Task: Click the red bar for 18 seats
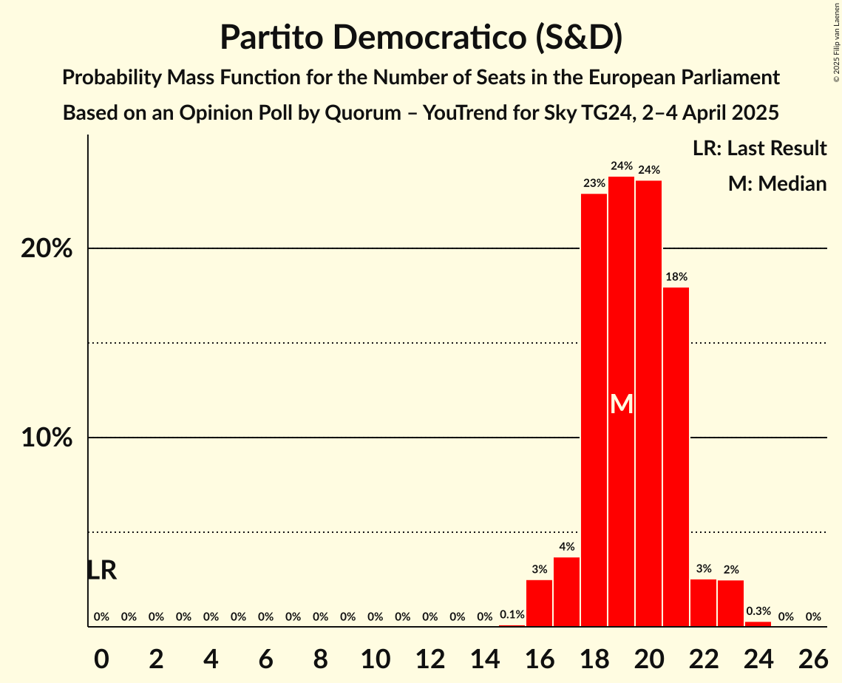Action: pyautogui.click(x=594, y=410)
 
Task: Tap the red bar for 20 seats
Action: pyautogui.click(x=648, y=404)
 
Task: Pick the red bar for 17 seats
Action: pyautogui.click(x=566, y=592)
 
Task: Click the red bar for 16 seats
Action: pyautogui.click(x=539, y=603)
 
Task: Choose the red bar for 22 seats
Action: pyautogui.click(x=703, y=603)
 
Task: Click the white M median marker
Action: pyautogui.click(x=622, y=404)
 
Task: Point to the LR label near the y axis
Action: pyautogui.click(x=101, y=571)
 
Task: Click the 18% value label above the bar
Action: pyautogui.click(x=676, y=277)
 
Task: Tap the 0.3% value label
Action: pyautogui.click(x=758, y=611)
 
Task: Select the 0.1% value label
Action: pyautogui.click(x=512, y=614)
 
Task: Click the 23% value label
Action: pyautogui.click(x=594, y=183)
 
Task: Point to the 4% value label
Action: pyautogui.click(x=566, y=547)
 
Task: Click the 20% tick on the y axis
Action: pyautogui.click(x=47, y=248)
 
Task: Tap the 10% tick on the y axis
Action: pyautogui.click(x=47, y=438)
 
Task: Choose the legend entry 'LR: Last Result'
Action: pyautogui.click(x=759, y=148)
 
